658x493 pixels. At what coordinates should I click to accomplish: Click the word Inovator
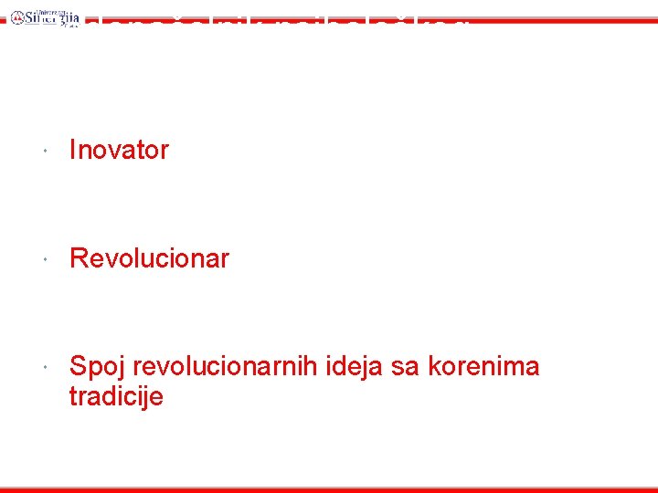point(119,151)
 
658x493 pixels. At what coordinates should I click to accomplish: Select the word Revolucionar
point(149,258)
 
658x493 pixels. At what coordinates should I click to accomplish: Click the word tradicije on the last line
point(116,397)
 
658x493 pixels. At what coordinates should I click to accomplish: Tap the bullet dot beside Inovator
point(44,150)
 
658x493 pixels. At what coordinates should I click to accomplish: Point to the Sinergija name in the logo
point(46,17)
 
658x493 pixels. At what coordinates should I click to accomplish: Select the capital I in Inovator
point(73,151)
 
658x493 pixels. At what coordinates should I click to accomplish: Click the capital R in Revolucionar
point(78,258)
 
